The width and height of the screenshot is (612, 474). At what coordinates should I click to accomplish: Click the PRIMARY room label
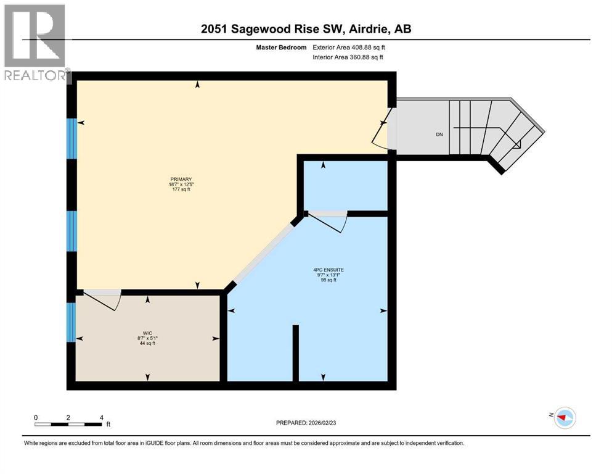click(x=186, y=179)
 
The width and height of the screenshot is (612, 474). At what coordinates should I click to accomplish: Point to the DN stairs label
click(x=439, y=135)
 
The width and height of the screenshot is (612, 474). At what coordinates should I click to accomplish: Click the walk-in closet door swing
click(x=102, y=300)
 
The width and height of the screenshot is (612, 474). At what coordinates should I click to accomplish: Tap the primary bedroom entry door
click(x=382, y=128)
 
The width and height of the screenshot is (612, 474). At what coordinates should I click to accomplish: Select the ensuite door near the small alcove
click(x=327, y=222)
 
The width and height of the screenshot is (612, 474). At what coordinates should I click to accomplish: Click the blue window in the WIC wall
click(x=71, y=321)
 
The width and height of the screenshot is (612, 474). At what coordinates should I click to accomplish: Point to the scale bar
click(x=68, y=423)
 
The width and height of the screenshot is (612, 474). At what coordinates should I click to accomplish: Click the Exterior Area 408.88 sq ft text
click(x=352, y=47)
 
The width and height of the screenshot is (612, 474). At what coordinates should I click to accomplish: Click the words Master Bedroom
click(x=281, y=47)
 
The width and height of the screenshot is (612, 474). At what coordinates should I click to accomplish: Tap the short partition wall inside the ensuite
click(x=295, y=353)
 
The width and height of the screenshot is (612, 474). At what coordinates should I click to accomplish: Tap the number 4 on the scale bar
click(x=101, y=417)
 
